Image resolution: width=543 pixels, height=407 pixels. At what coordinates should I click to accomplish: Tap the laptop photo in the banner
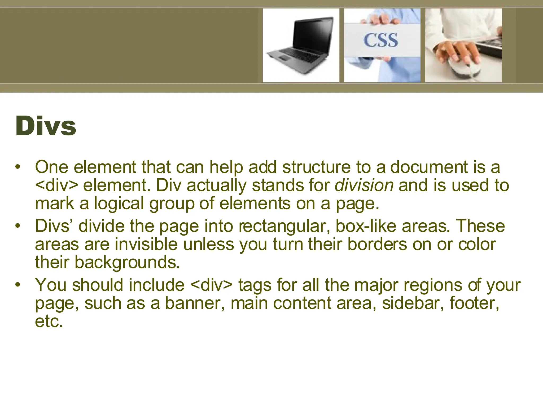[301, 45]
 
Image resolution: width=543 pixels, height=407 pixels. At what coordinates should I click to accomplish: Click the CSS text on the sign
[380, 40]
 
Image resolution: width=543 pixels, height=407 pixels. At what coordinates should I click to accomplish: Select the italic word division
[364, 185]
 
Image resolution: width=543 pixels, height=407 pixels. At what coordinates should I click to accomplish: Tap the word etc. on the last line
[49, 321]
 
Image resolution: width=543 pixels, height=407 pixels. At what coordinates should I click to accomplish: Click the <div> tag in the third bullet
[211, 285]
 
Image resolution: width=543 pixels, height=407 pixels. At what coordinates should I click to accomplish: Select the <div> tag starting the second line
[56, 185]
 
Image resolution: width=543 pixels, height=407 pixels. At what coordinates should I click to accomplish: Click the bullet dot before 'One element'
[18, 167]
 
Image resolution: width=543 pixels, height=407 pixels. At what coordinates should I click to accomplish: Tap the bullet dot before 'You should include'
[18, 285]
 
